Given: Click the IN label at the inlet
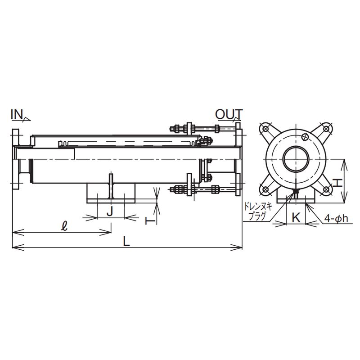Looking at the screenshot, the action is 17,115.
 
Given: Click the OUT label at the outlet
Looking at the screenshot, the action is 229,114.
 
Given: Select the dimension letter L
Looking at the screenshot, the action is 126,241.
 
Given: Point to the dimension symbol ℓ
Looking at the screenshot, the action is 65,226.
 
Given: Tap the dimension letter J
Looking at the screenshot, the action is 110,211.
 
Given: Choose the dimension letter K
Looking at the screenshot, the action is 296,217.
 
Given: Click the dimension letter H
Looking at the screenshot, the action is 338,183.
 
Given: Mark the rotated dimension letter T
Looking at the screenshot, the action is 150,221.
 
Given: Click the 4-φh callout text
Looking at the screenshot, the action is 336,218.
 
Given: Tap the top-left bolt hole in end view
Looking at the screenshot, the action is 265,129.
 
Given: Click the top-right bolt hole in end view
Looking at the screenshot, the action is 326,129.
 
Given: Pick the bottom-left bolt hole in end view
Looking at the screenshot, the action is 265,189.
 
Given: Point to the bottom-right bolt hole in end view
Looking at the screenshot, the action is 326,189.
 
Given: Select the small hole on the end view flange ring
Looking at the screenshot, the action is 305,136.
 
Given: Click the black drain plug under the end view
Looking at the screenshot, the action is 296,191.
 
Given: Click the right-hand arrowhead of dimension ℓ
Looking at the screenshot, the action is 105,233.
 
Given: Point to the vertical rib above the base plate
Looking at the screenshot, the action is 111,186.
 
